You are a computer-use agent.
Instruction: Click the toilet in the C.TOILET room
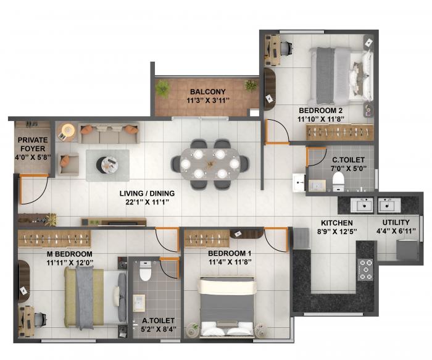(338, 180)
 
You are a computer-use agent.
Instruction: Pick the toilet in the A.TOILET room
(145, 272)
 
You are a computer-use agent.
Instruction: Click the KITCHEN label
(336, 222)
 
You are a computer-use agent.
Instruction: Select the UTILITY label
(396, 222)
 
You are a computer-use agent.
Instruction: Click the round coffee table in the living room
(110, 164)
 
